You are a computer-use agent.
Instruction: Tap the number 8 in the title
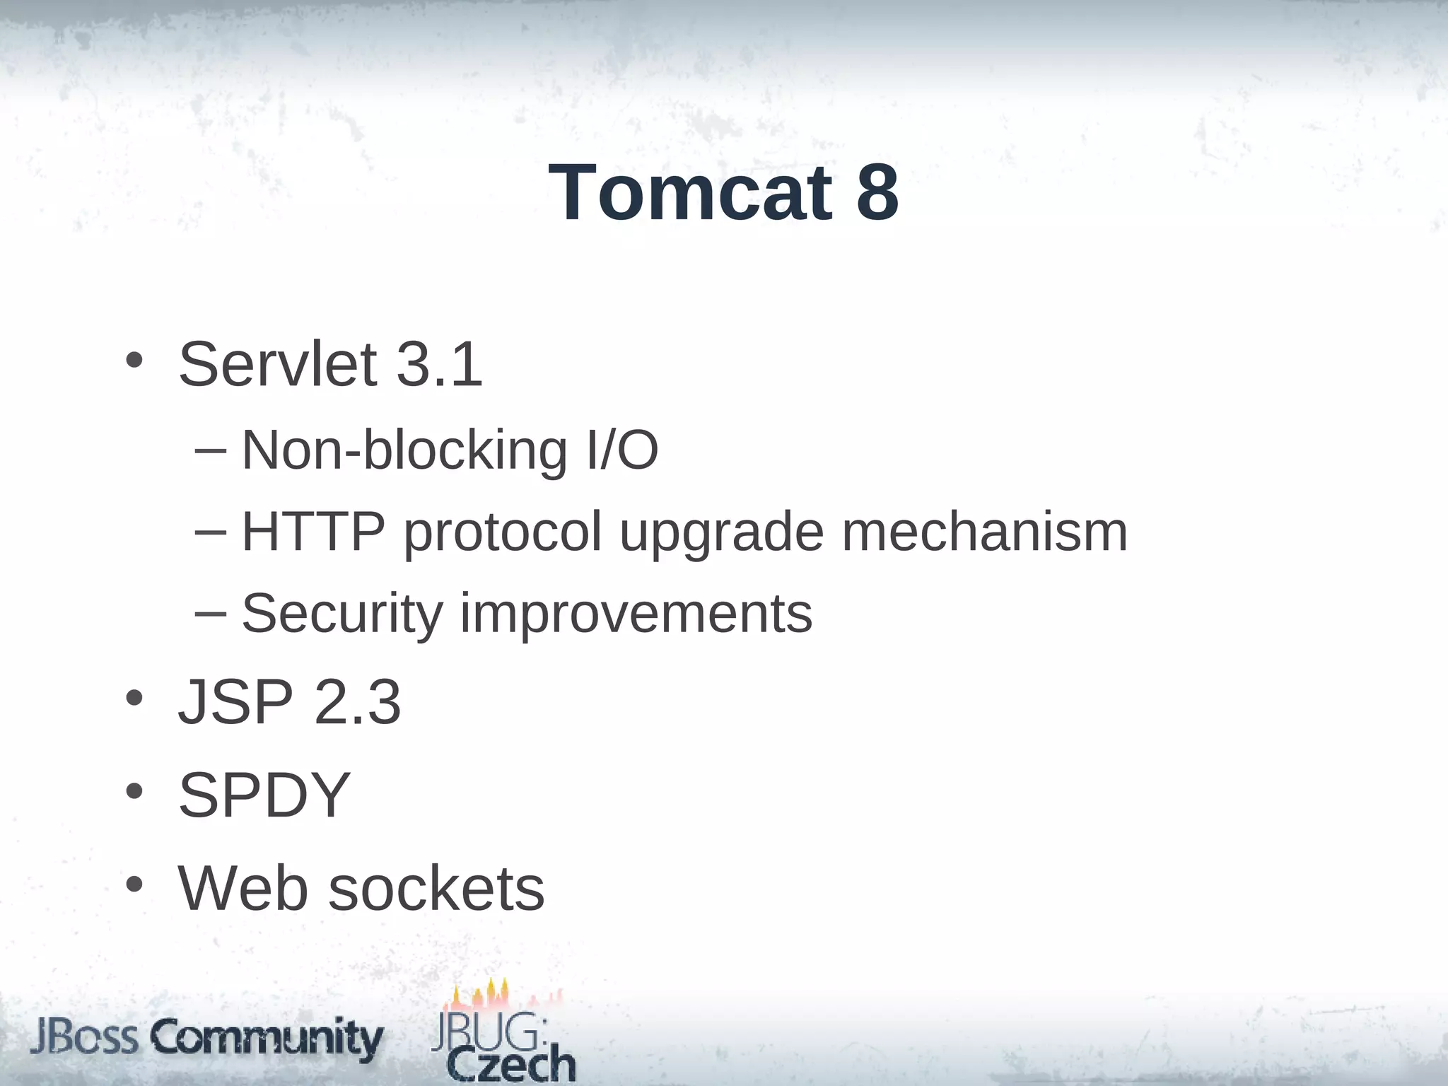coord(877,193)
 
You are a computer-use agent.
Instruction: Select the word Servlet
coord(277,365)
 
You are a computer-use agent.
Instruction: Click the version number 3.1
coord(439,365)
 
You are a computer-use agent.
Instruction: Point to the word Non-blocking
coord(404,450)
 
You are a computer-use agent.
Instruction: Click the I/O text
coord(622,450)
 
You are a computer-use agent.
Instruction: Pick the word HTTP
coord(313,532)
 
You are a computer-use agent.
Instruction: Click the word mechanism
coord(984,532)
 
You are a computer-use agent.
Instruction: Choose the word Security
coord(342,614)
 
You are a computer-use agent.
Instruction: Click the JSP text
coord(235,702)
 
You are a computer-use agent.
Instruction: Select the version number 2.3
coord(358,702)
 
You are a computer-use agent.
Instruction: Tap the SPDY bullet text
coord(264,795)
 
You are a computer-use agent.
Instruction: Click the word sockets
coord(436,889)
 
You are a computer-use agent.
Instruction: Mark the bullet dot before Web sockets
coord(134,884)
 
